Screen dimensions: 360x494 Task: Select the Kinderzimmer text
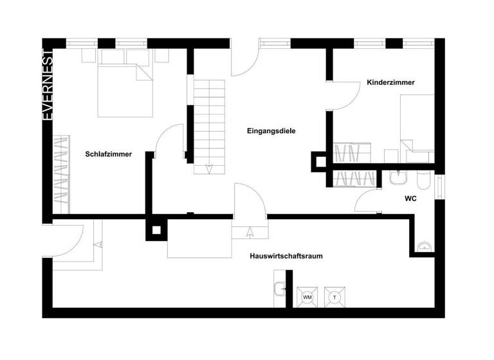(x=390, y=83)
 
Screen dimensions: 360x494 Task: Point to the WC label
(x=410, y=199)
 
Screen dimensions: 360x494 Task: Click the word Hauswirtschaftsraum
(x=286, y=256)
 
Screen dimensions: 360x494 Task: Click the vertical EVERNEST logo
(x=47, y=84)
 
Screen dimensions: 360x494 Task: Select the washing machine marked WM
(x=307, y=297)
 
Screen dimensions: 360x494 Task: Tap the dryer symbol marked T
(x=335, y=297)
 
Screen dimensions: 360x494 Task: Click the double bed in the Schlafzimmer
(x=125, y=89)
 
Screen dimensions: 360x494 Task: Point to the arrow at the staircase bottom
(x=209, y=169)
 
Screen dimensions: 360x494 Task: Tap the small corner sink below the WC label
(x=424, y=245)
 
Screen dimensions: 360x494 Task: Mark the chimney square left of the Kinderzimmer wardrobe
(x=318, y=161)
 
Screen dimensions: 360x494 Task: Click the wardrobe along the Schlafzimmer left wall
(x=60, y=172)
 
